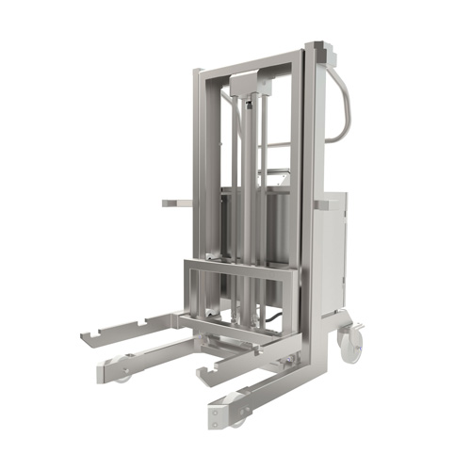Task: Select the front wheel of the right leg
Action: click(236, 418)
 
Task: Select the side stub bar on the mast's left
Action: click(175, 202)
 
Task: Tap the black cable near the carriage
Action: click(273, 325)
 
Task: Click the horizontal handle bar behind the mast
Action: click(277, 145)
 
